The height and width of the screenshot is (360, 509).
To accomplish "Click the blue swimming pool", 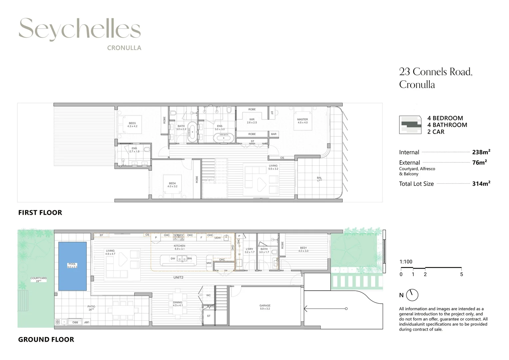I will pos(73,266).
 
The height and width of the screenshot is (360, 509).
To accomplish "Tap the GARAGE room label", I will pos(265,306).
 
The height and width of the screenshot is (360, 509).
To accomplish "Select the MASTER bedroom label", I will pos(302,119).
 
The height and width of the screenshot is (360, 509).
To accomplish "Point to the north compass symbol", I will pos(412,295).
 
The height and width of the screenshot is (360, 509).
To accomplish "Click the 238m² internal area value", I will pos(481,152).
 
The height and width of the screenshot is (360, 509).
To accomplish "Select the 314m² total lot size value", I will pos(481,184).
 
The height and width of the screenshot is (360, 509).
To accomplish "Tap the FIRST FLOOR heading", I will pos(40,213).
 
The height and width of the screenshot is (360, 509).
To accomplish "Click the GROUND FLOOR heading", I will pos(46,340).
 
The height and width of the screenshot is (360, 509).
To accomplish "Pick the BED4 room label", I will pos(172,183).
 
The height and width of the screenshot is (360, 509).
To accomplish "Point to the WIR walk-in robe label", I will pos(252,119).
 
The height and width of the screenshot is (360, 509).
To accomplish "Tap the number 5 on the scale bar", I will pos(461,274).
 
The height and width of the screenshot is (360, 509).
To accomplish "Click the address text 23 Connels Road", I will pos(436,72).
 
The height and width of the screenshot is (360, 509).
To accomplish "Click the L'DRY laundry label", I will pos(249,249).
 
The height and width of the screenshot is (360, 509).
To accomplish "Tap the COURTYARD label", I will pos(38,278).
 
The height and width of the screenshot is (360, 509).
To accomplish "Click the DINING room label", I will pos(178,303).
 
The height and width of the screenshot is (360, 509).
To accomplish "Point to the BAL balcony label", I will pos(319,178).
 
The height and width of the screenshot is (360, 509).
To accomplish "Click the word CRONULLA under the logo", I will pos(124,48).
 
